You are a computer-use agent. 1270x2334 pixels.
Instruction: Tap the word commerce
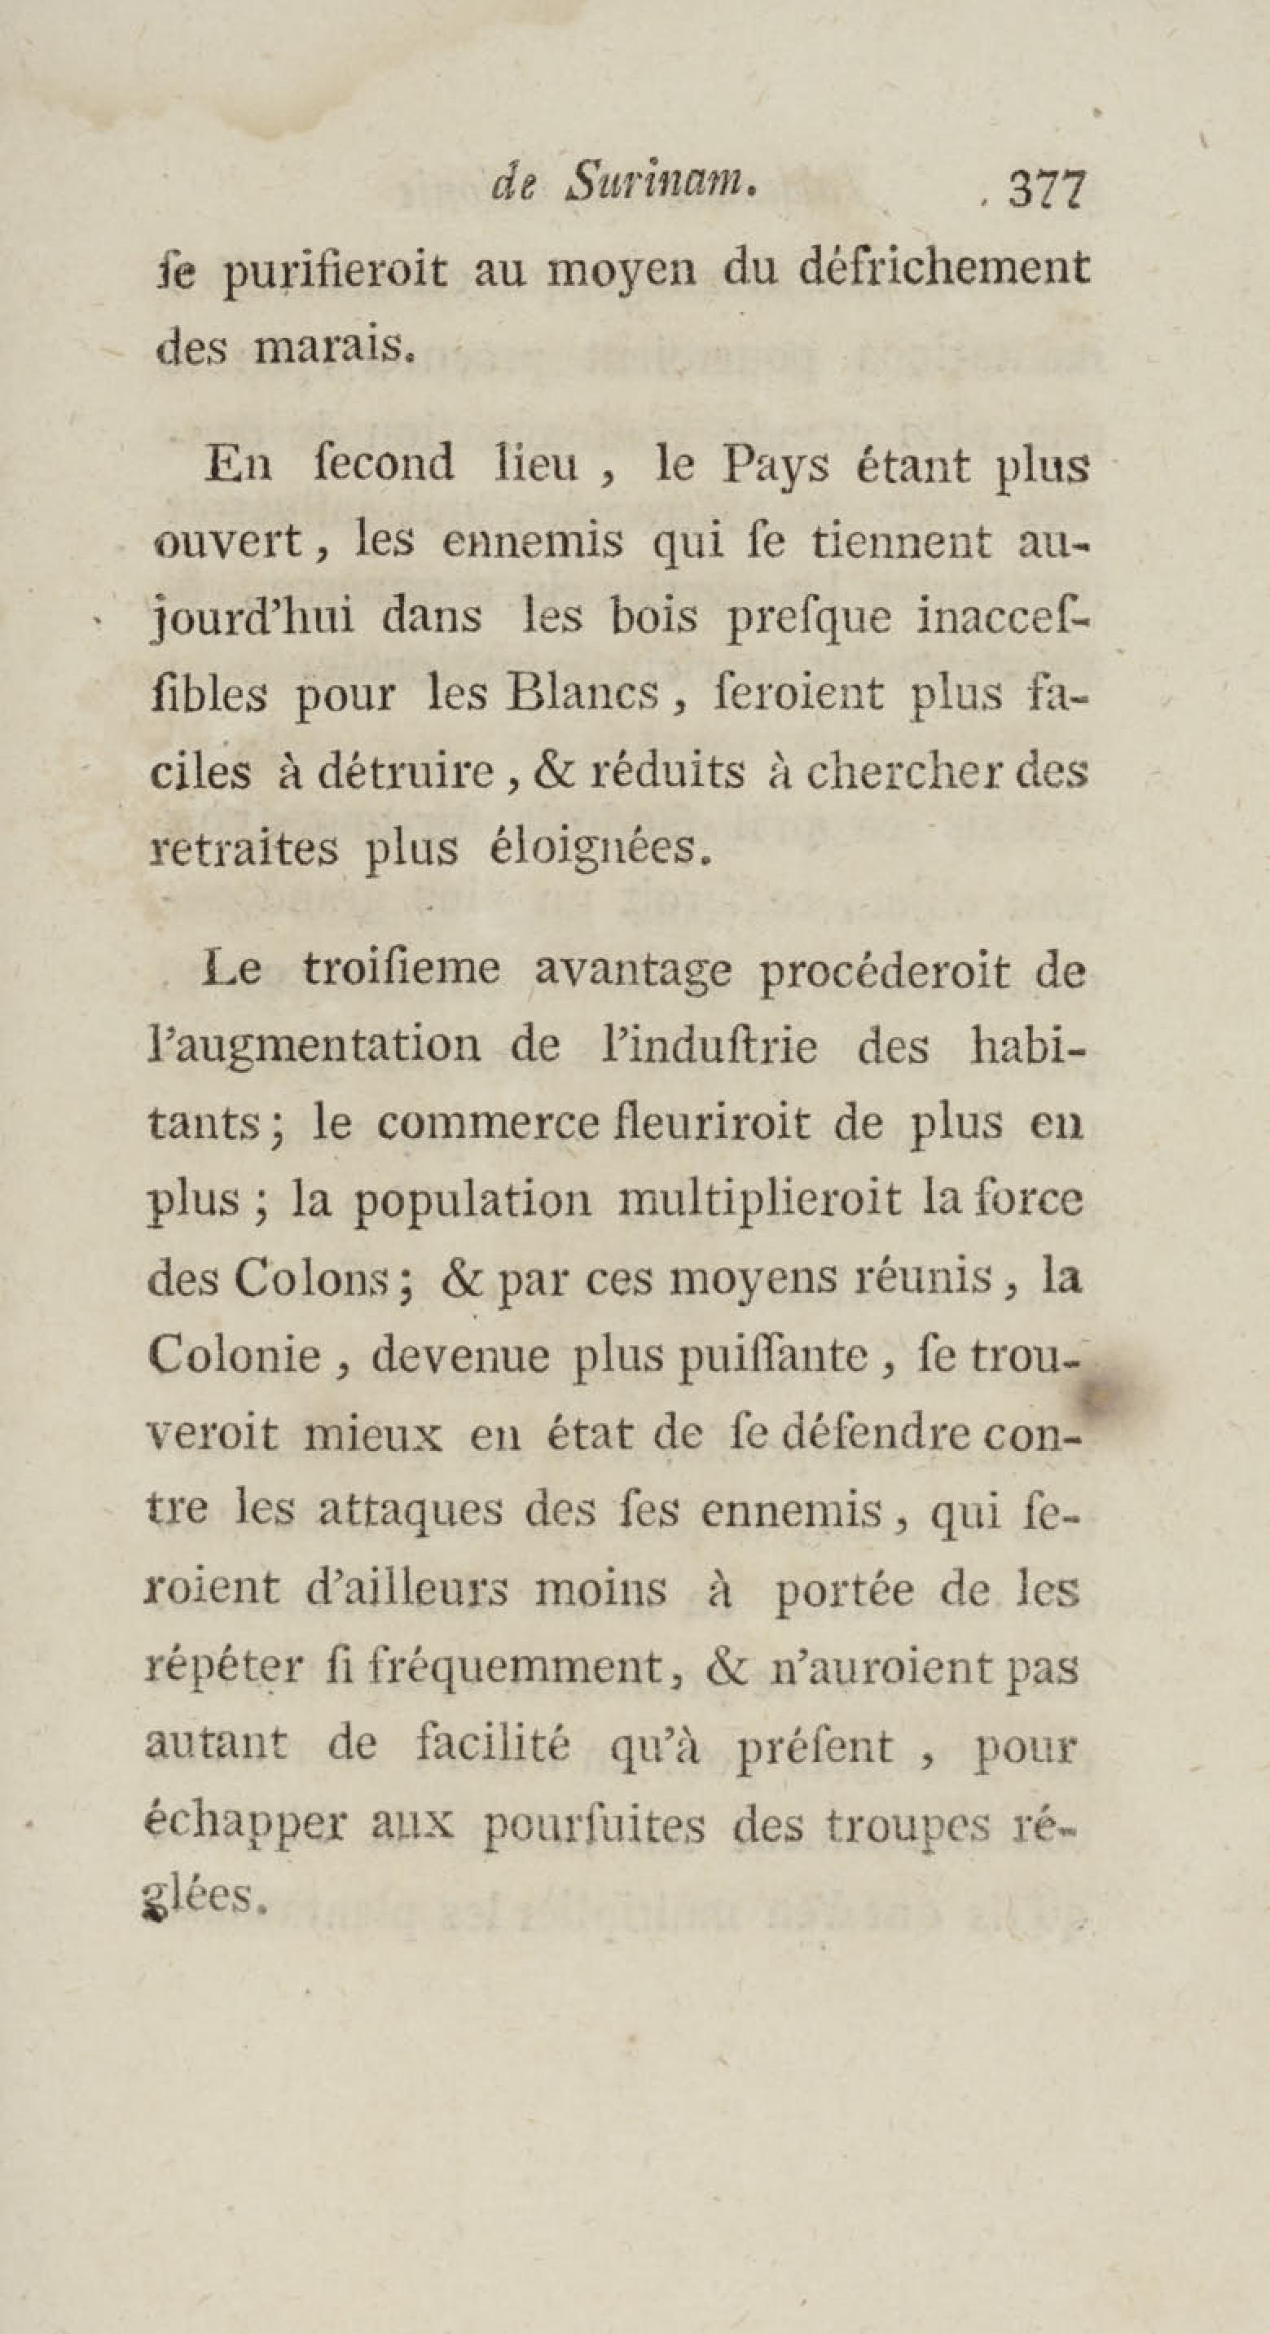pos(488,1124)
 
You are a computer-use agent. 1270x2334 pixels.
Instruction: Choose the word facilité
pos(493,1744)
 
